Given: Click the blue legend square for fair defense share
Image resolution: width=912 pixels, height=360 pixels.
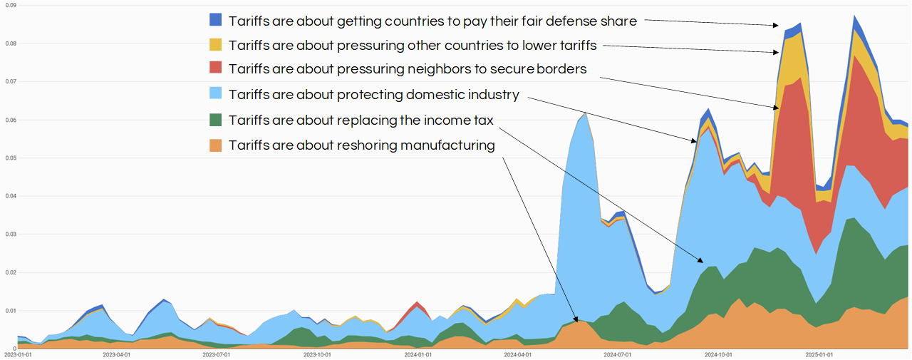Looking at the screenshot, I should coord(216,21).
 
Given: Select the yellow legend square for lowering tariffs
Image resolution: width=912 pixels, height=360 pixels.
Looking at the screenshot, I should coord(216,45).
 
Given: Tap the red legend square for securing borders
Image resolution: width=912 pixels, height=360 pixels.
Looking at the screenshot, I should coord(216,68).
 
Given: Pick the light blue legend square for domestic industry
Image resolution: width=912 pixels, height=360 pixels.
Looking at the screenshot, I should coord(216,94).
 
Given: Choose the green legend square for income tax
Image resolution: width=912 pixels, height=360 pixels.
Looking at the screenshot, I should coord(216,119).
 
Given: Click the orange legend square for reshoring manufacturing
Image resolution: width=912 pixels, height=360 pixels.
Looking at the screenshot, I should coord(216,145).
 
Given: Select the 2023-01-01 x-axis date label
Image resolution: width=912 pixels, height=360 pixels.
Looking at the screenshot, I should coord(17,354).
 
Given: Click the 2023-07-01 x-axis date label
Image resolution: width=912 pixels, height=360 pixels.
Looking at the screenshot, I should coord(217,354).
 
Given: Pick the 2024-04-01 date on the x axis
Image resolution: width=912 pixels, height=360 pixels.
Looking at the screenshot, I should coord(518,354).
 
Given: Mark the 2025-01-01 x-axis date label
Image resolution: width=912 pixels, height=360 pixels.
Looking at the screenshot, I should coord(819,354).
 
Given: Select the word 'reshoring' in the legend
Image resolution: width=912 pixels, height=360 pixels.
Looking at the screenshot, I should coord(366,145).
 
